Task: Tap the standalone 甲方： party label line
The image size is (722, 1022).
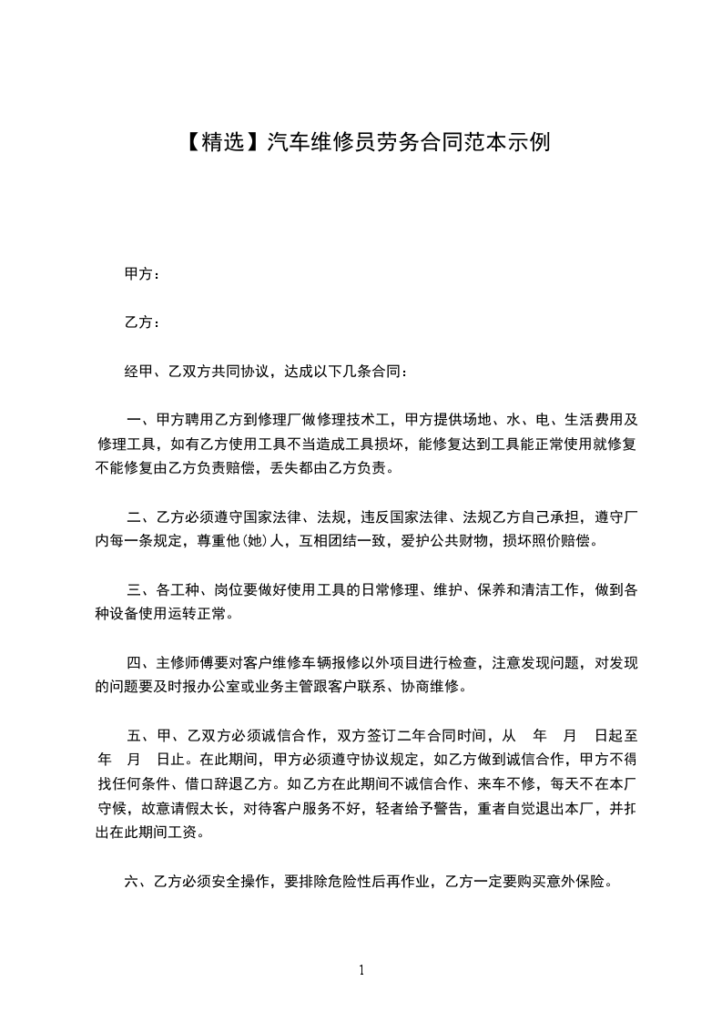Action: point(142,273)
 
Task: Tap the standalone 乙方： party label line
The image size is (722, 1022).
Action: point(142,322)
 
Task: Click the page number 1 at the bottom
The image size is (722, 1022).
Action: point(361,970)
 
